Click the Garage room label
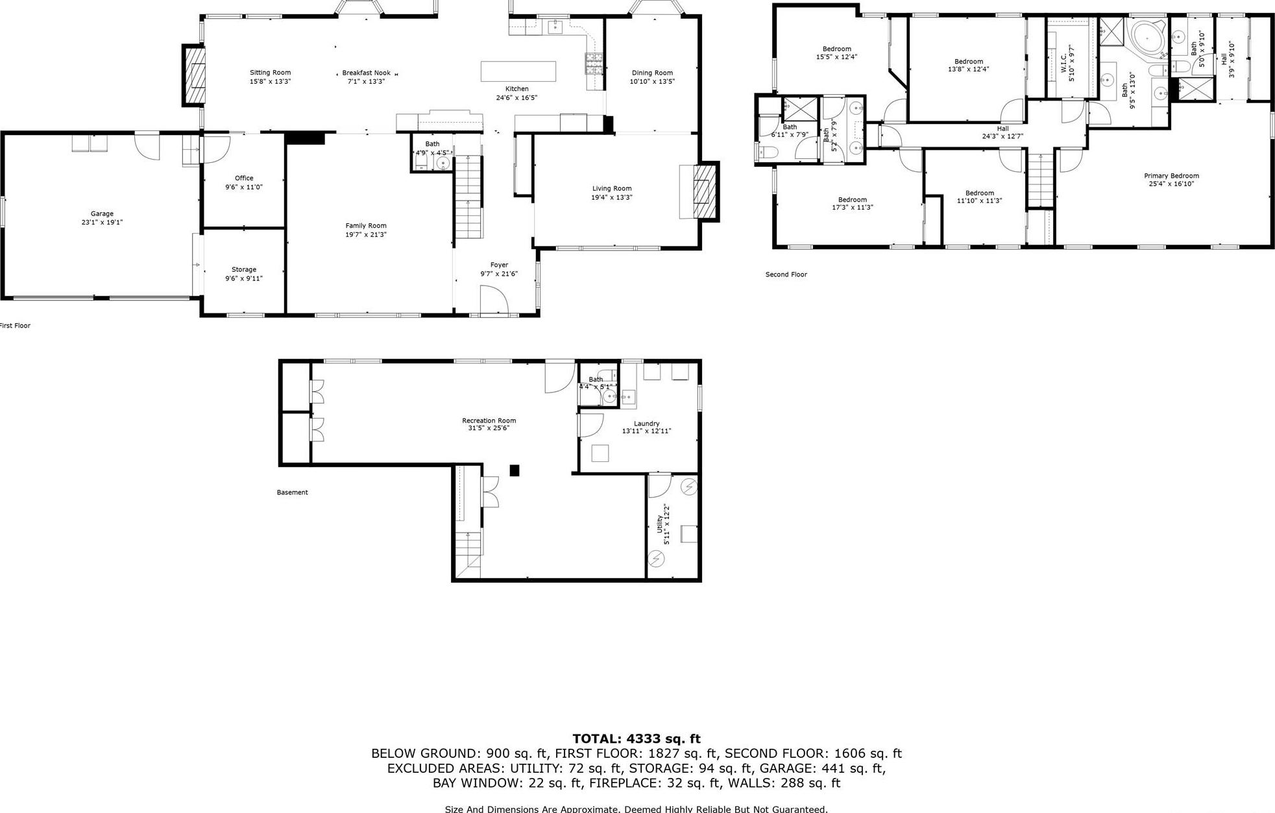[x=102, y=213]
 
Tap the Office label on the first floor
[x=244, y=178]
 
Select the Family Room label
[x=366, y=226]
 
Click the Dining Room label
[x=652, y=73]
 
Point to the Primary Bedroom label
[x=1171, y=176]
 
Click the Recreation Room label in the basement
[x=489, y=420]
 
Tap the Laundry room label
[x=646, y=423]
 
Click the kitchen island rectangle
[x=518, y=71]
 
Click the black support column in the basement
[x=515, y=470]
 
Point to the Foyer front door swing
[x=493, y=300]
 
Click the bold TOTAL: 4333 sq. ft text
[x=637, y=738]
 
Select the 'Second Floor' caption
[x=786, y=274]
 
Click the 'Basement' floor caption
[x=292, y=492]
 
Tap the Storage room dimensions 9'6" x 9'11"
[x=244, y=278]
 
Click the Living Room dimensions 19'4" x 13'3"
[x=612, y=197]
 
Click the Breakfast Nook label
[x=367, y=73]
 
